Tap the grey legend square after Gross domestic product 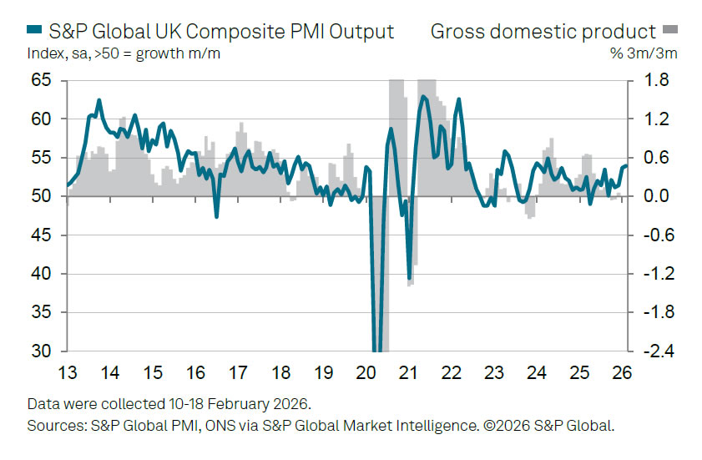click(670, 32)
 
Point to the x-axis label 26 click(623, 372)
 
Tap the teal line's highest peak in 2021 click(423, 97)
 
